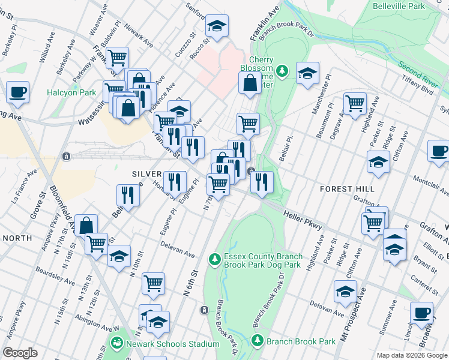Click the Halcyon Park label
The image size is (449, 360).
pos(71,93)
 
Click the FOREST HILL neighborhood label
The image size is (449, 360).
pos(347,188)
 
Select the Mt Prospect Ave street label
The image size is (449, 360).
pos(354,314)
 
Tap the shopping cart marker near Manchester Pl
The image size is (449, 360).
pos(355,103)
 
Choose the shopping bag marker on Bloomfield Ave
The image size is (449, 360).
pos(86,225)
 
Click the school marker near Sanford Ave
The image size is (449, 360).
pos(217,26)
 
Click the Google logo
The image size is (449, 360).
pos(20,352)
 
